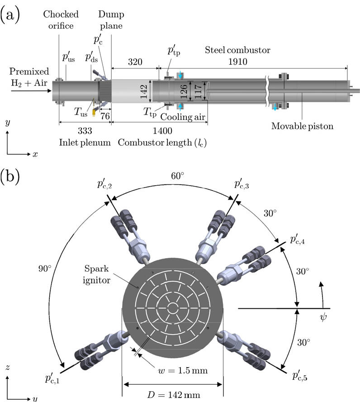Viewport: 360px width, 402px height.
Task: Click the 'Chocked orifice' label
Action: (x=61, y=20)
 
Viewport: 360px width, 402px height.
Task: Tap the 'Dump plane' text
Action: (x=111, y=20)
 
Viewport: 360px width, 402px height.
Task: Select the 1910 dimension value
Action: (x=237, y=62)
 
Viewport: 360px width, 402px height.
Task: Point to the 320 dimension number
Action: (x=135, y=62)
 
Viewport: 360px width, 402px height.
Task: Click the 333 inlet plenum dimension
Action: (x=85, y=131)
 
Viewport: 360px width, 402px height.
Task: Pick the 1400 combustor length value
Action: (x=162, y=131)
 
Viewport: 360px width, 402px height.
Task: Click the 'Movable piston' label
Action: (x=303, y=126)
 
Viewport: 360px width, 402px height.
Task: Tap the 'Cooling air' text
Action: (x=183, y=117)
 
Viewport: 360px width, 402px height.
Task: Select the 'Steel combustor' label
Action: (x=237, y=50)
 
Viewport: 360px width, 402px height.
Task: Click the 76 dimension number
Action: (x=105, y=116)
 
